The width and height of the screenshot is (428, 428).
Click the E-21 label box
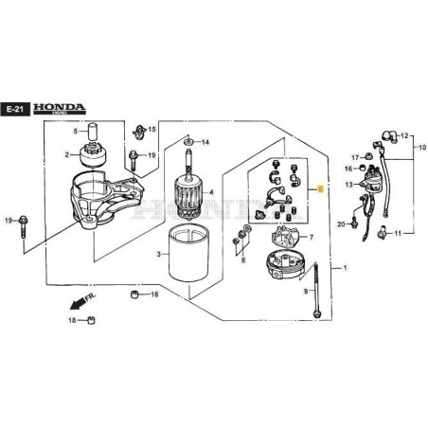15,110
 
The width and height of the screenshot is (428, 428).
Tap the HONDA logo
59,109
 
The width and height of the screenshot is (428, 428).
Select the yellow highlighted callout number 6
321,189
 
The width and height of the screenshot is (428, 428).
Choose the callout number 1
345,270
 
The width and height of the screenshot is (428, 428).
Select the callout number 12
405,136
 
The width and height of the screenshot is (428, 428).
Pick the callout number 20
341,223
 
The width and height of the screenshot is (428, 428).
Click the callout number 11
398,232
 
